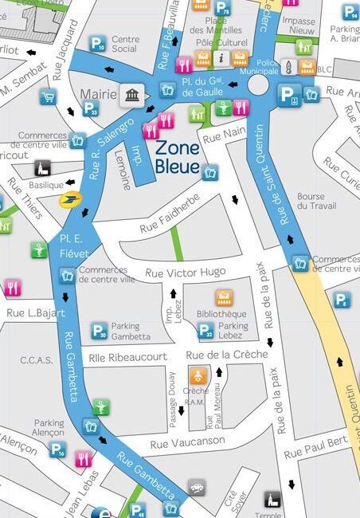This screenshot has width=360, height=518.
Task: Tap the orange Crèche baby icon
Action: click(x=195, y=374)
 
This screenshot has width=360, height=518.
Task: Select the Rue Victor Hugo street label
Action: click(x=186, y=273)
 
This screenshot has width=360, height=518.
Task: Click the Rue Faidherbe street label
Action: click(x=171, y=221)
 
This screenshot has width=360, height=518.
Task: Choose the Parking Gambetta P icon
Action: click(x=99, y=330)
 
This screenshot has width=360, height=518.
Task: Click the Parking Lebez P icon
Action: click(x=205, y=330)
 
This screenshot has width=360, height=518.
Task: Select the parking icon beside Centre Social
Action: click(x=97, y=44)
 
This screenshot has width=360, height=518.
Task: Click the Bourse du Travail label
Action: click(x=311, y=201)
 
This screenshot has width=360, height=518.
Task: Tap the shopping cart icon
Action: click(x=48, y=97)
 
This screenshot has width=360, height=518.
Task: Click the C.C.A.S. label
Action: click(x=36, y=359)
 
